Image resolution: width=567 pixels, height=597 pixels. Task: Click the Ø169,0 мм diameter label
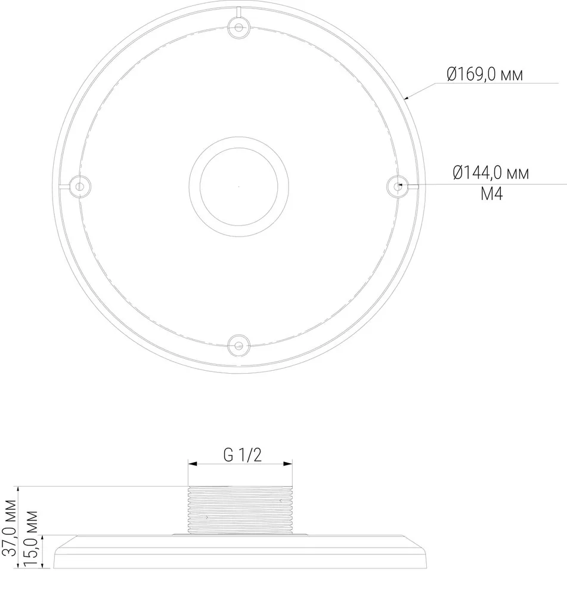[485, 74]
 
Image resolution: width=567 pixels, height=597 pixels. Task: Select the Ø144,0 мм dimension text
[491, 173]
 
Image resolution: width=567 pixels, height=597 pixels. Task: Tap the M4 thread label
[491, 193]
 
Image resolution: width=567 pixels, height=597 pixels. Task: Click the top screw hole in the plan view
[238, 27]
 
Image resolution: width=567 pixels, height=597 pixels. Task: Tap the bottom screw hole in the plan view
[238, 346]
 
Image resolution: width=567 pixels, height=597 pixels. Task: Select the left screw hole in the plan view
[79, 186]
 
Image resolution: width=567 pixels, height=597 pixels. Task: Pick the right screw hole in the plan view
[398, 186]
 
